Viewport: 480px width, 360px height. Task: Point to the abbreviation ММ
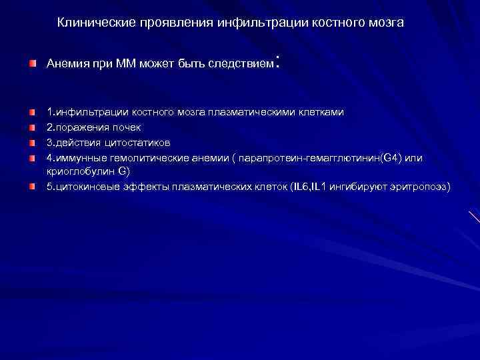coord(125,65)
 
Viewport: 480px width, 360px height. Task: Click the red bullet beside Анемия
coord(33,64)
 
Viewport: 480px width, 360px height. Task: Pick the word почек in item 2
coord(126,127)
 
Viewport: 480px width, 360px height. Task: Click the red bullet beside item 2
coord(33,127)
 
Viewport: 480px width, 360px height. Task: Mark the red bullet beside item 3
coord(33,142)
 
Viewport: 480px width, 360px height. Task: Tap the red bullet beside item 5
coord(33,187)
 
